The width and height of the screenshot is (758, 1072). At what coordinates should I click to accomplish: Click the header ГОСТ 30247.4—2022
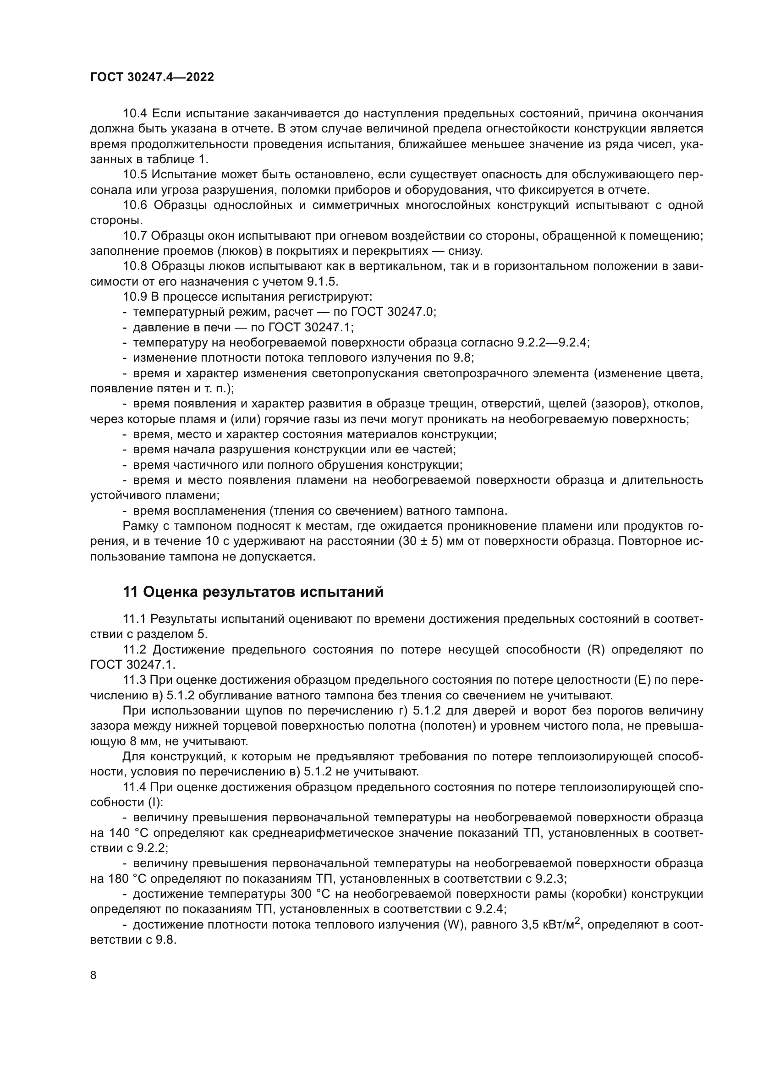coord(152,77)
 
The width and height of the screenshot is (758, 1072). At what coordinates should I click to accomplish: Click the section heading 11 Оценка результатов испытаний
coord(253,592)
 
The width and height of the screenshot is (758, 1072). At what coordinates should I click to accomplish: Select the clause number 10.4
coord(135,114)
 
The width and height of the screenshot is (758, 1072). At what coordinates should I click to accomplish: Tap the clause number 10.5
coord(135,175)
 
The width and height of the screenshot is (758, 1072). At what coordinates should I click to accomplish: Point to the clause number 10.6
coord(135,205)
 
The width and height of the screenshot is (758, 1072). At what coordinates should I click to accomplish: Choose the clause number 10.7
coord(135,236)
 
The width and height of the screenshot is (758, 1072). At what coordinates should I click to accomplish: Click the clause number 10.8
coord(135,266)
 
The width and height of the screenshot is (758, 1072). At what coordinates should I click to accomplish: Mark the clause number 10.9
coord(135,297)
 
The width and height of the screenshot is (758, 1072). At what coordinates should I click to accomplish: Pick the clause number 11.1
coord(135,619)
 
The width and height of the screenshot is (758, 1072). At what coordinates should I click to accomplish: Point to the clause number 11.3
coord(135,680)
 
